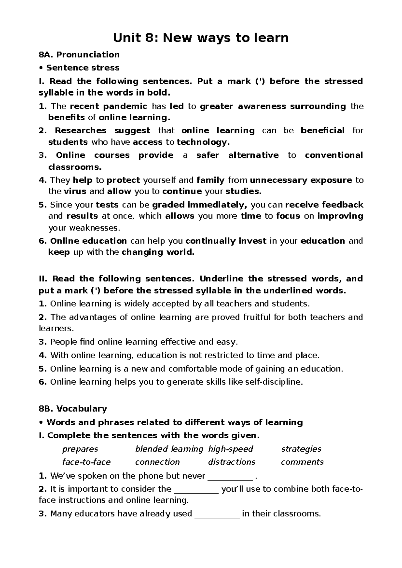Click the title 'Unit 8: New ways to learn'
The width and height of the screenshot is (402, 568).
[x=201, y=38]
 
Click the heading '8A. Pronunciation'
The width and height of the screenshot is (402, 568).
[x=79, y=54]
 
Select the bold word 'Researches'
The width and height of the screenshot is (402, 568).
[x=80, y=130]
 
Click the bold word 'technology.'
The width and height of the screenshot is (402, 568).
[x=203, y=142]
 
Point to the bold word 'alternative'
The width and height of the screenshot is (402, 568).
[x=253, y=155]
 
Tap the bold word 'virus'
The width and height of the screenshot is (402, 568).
[x=75, y=191]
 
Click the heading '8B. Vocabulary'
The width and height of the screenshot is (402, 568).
[x=73, y=408]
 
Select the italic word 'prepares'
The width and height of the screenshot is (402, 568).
[x=80, y=449]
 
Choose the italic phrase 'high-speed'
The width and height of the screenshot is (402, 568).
[x=230, y=449]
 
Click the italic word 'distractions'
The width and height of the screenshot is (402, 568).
[x=231, y=462]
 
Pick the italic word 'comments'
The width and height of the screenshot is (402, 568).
[x=302, y=462]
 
